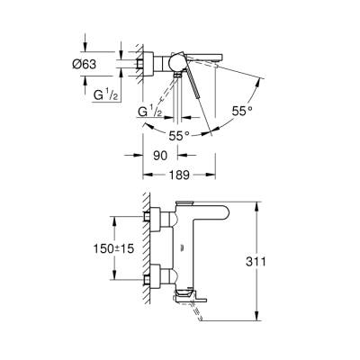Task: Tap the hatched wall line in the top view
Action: (x=139, y=63)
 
